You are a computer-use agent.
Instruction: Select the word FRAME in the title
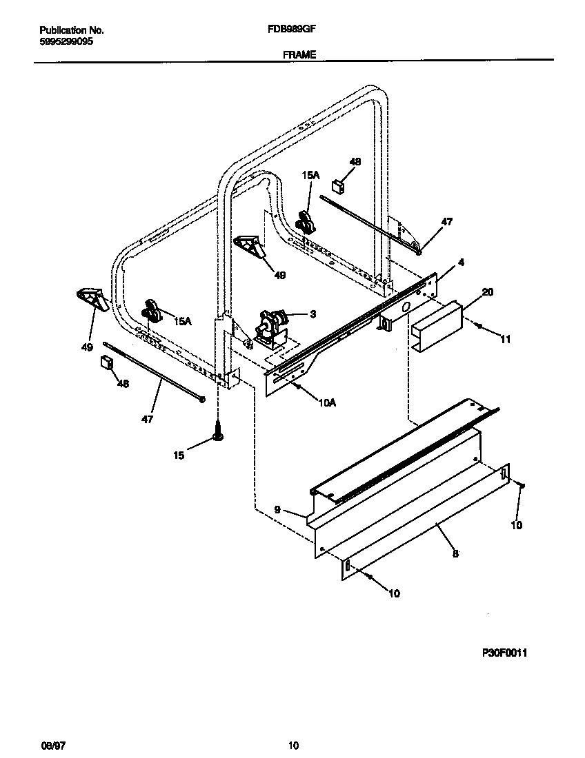tap(299, 54)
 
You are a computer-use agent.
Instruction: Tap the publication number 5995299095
tap(66, 41)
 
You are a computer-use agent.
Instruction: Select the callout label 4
tap(461, 263)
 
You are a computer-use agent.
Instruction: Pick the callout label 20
tap(487, 292)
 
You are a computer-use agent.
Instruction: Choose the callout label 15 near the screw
tap(179, 455)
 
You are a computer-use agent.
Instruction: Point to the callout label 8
tap(455, 553)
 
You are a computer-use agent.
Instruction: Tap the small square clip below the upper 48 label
tap(338, 185)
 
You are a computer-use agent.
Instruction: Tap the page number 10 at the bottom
tap(293, 745)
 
